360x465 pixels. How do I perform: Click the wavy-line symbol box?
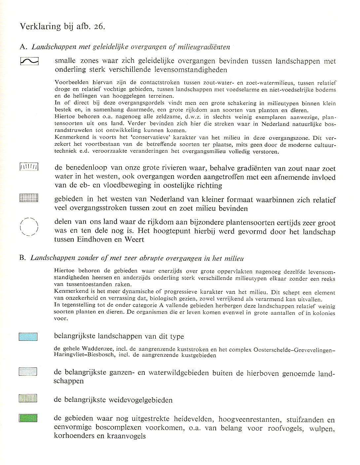tap(29, 61)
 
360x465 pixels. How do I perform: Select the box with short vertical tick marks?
tap(29, 168)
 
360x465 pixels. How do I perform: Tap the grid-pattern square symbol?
tap(29, 198)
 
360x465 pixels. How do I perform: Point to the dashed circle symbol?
tap(29, 227)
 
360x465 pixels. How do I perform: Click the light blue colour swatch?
tap(28, 337)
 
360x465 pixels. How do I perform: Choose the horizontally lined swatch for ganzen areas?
tap(28, 372)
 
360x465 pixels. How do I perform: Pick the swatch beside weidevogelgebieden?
tap(28, 398)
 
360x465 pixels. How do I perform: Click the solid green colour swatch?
tap(28, 418)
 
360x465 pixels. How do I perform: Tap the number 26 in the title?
tap(98, 26)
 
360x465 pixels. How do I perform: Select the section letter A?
tap(22, 47)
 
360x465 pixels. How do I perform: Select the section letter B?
tap(22, 258)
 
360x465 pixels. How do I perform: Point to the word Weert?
tap(134, 239)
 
